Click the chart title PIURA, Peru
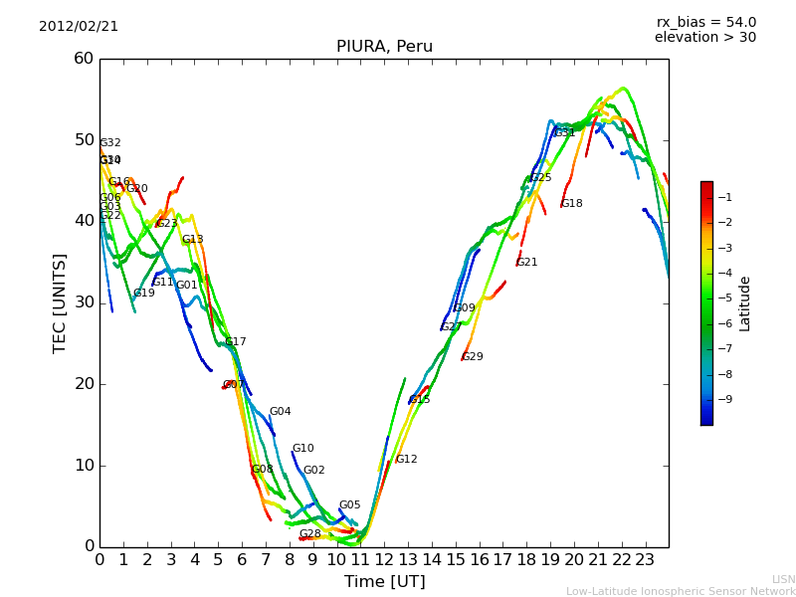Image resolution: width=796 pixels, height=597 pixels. tap(384, 47)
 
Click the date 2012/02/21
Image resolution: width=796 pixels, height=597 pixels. tap(79, 26)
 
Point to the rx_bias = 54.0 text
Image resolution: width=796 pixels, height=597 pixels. tap(705, 22)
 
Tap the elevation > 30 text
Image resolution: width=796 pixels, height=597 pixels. tap(704, 38)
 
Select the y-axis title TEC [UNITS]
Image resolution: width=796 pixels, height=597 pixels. tap(60, 302)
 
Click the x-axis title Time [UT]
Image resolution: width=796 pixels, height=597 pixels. tap(384, 581)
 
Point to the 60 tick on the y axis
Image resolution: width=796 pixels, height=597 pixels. tap(84, 59)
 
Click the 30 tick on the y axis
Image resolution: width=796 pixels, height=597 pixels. tap(84, 302)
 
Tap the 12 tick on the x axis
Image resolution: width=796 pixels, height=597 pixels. tap(384, 559)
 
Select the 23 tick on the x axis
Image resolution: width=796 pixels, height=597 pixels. tap(645, 559)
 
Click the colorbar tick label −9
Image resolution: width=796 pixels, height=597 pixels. tap(724, 399)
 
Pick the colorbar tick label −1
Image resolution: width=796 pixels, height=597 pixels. tap(724, 197)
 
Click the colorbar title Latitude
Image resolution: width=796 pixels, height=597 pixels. tap(745, 303)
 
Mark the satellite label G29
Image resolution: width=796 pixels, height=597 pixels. tap(473, 357)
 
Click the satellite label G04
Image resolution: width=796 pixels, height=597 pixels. tap(280, 412)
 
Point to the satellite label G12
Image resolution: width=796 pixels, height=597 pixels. tap(406, 460)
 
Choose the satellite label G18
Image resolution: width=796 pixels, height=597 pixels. tap(571, 204)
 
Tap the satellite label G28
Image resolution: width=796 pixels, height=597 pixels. tap(309, 534)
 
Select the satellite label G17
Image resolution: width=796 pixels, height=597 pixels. tap(235, 342)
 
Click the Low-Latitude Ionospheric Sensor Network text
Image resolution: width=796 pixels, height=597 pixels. tap(681, 591)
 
